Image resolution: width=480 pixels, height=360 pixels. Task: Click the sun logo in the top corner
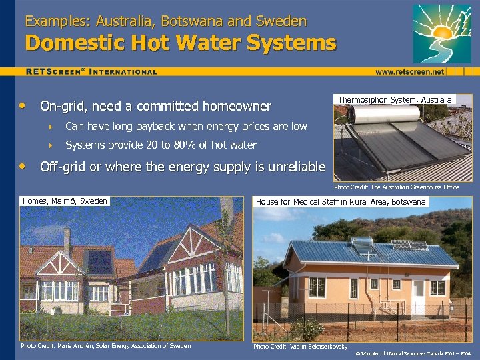tap(442, 33)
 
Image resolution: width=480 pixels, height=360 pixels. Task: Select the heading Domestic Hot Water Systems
tap(181, 44)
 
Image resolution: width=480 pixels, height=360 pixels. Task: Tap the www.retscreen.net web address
tap(409, 71)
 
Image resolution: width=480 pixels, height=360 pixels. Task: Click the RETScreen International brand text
tap(91, 71)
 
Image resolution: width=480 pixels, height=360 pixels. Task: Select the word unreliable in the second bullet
tap(293, 167)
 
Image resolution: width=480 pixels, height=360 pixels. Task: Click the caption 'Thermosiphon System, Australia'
tap(395, 100)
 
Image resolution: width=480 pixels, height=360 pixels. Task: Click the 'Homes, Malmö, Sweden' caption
tap(65, 201)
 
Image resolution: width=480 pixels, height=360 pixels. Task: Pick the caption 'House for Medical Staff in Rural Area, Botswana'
tap(341, 202)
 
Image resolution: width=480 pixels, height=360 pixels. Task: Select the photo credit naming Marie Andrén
tap(105, 346)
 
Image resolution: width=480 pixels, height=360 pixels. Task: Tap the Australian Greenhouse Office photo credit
tap(396, 187)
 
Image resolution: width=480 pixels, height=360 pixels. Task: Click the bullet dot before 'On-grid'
tap(24, 106)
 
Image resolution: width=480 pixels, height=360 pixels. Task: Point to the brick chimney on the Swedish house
tap(67, 242)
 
